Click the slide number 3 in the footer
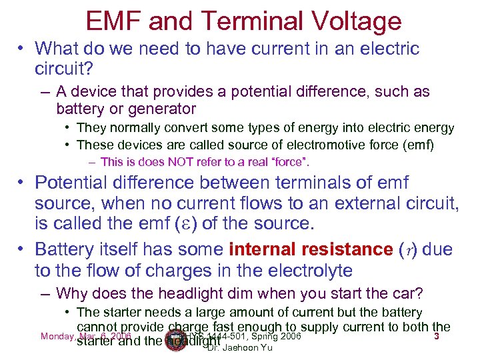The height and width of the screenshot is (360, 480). click(436, 336)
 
